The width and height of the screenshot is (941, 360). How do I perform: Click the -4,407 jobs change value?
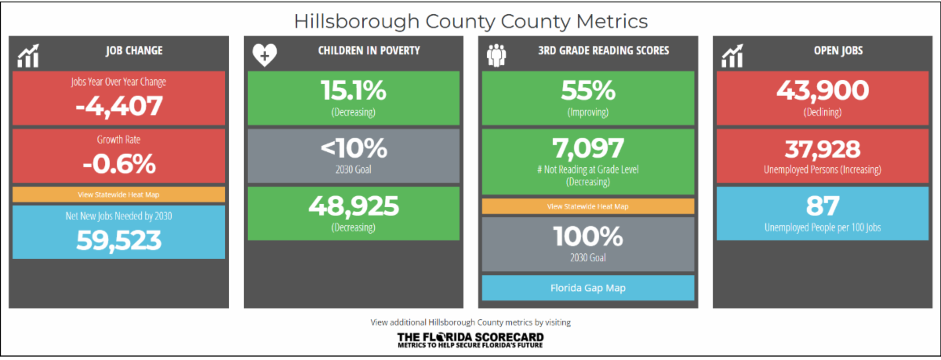[119, 106]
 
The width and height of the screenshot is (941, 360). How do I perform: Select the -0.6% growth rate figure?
[119, 164]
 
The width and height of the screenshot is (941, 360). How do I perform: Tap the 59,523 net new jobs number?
[119, 240]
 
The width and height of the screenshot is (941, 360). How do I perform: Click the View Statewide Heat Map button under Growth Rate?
[119, 195]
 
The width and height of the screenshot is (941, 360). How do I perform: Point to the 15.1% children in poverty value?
[354, 90]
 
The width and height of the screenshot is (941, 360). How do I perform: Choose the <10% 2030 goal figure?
[354, 148]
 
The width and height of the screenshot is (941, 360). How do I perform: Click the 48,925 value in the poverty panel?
[354, 205]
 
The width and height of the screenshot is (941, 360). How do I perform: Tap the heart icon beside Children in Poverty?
[265, 55]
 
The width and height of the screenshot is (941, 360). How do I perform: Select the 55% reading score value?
[588, 90]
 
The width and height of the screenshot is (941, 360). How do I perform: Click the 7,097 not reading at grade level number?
[588, 148]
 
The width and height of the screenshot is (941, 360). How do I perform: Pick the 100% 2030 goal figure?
[588, 237]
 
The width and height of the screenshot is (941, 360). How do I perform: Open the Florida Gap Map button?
[588, 288]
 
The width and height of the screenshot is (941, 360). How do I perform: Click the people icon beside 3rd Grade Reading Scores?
[496, 55]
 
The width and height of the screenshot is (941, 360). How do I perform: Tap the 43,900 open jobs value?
[823, 90]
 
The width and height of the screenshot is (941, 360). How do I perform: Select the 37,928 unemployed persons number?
[823, 149]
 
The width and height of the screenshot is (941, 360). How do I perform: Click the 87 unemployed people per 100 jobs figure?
[823, 205]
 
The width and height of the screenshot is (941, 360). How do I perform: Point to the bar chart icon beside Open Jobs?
[732, 56]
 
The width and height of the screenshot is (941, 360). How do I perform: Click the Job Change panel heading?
[134, 50]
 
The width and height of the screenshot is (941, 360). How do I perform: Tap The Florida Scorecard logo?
[470, 340]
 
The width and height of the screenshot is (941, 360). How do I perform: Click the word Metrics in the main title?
[612, 21]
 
